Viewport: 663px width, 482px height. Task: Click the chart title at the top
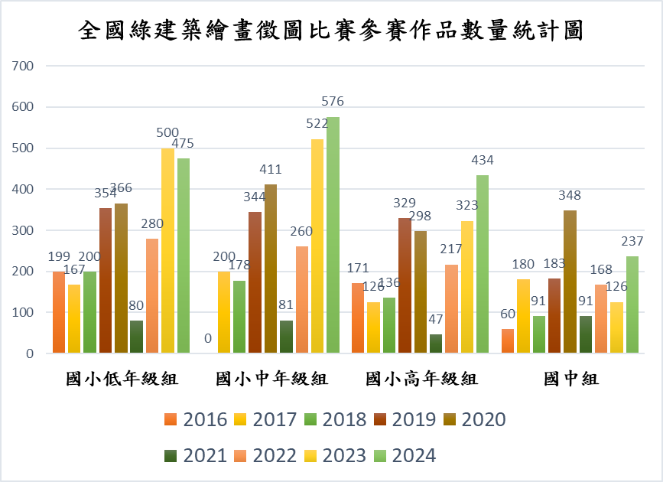[331, 31]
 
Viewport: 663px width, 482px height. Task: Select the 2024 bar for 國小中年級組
[333, 235]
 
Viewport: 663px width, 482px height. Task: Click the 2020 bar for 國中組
[570, 282]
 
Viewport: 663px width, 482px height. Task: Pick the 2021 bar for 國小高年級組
[436, 344]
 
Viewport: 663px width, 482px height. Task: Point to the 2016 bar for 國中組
[508, 341]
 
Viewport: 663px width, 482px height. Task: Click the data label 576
[333, 101]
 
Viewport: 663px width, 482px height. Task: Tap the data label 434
[483, 160]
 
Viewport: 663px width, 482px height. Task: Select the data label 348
[570, 195]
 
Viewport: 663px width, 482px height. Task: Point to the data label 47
[436, 319]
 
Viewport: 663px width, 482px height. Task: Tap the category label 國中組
[570, 379]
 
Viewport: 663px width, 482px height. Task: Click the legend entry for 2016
[196, 419]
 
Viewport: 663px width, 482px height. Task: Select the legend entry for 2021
[196, 456]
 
